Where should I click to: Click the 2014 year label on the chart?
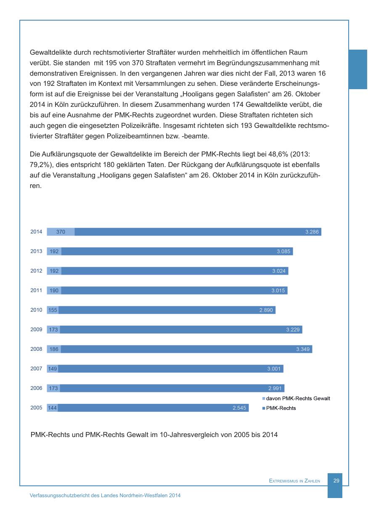[x=36, y=232]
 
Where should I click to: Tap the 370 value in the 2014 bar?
[x=61, y=232]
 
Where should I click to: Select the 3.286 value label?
[x=312, y=232]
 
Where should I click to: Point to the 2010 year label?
[x=36, y=310]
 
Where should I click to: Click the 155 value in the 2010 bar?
[x=53, y=310]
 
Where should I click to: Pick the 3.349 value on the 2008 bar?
[x=303, y=349]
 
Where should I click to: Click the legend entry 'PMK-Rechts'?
[x=281, y=408]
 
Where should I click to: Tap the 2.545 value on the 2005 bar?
[x=239, y=408]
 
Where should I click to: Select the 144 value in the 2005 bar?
[x=53, y=408]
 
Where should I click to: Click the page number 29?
[x=336, y=480]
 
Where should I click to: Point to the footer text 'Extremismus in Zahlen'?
[x=294, y=481]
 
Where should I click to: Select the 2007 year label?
[x=36, y=369]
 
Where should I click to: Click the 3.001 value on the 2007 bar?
[x=274, y=369]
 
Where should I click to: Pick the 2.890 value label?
[x=266, y=310]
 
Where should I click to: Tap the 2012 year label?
[x=36, y=271]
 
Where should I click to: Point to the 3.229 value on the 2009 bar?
[x=293, y=330]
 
